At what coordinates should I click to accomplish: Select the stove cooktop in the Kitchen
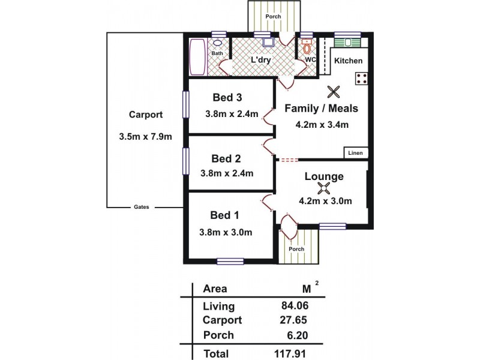362,78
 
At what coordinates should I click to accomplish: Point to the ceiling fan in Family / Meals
334,92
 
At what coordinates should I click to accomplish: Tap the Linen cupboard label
355,153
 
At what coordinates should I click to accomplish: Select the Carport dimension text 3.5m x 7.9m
146,137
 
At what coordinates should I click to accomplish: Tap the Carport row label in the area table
223,320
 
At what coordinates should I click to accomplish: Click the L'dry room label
262,60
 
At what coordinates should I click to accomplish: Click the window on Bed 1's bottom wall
230,260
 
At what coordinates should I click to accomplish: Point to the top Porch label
274,16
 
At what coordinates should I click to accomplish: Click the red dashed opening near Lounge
289,160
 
